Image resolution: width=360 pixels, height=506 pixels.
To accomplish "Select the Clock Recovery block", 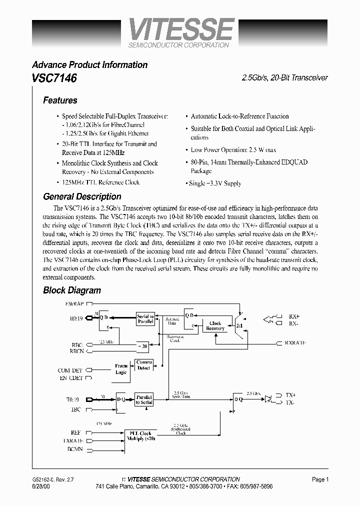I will (215, 326).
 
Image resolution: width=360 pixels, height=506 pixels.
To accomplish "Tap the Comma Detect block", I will (144, 365).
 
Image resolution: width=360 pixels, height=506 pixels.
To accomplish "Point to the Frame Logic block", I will (121, 369).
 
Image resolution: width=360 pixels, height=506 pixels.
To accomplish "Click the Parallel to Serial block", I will (144, 399).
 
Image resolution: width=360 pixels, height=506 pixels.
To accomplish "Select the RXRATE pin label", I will (295, 343).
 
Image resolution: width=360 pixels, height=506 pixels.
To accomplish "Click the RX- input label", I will (293, 323).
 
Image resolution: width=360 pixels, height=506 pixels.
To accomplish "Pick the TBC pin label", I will (76, 409).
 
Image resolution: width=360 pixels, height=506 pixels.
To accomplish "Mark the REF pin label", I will (75, 432).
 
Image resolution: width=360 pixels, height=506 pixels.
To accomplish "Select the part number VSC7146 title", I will (54, 78).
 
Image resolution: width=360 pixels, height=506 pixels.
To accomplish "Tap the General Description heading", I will (82, 196).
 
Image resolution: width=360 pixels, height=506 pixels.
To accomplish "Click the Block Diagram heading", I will (71, 290).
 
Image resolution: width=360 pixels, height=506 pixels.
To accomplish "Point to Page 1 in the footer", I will (320, 479).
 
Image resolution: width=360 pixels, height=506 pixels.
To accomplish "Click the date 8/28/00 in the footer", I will (41, 486).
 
